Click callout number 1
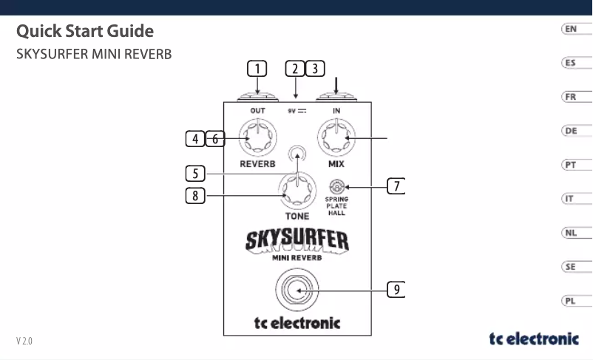click(257, 69)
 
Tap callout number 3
click(315, 69)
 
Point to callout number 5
click(195, 174)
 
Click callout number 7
click(397, 186)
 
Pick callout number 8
click(195, 196)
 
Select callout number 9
click(397, 289)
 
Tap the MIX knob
click(336, 137)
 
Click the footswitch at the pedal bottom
click(296, 291)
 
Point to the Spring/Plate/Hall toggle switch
click(336, 187)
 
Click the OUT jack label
click(257, 110)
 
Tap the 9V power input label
click(297, 110)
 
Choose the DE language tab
click(570, 131)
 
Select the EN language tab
click(570, 29)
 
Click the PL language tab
click(570, 301)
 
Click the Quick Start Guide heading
click(85, 32)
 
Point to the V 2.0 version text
click(25, 342)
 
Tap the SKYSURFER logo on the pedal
click(296, 240)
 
